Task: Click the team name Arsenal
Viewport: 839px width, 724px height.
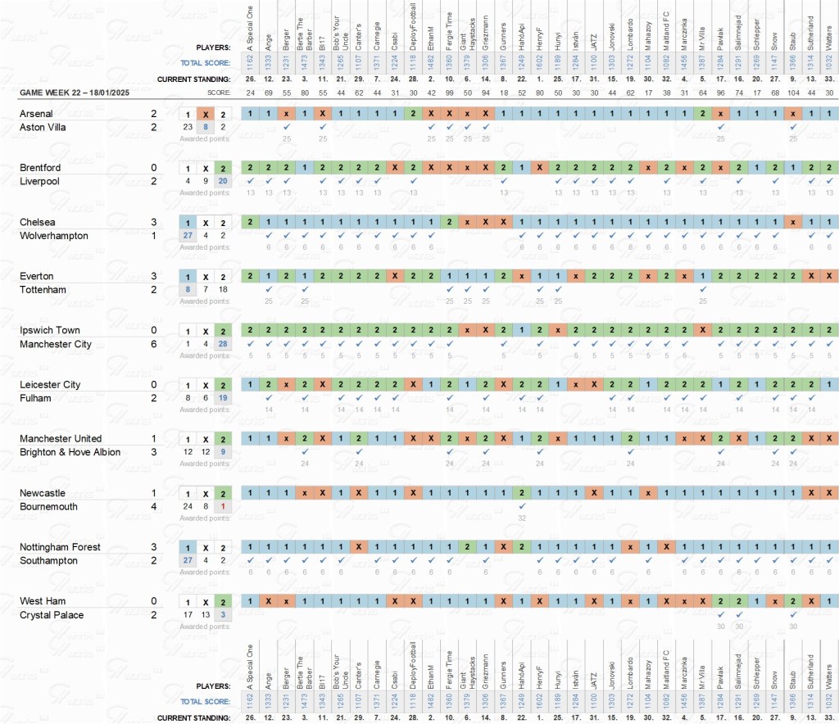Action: [36, 114]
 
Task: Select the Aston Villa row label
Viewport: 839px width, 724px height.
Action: [43, 128]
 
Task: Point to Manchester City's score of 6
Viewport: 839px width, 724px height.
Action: [153, 345]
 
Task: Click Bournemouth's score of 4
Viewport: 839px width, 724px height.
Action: [153, 507]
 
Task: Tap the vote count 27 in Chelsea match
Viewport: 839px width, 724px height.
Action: [188, 236]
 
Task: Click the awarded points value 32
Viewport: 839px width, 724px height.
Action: [521, 518]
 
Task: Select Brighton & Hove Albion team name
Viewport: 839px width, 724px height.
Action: [70, 453]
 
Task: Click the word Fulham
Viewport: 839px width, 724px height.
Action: [35, 399]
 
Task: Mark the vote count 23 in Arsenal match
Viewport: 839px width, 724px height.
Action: [188, 127]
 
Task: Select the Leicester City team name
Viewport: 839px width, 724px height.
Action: [50, 385]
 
